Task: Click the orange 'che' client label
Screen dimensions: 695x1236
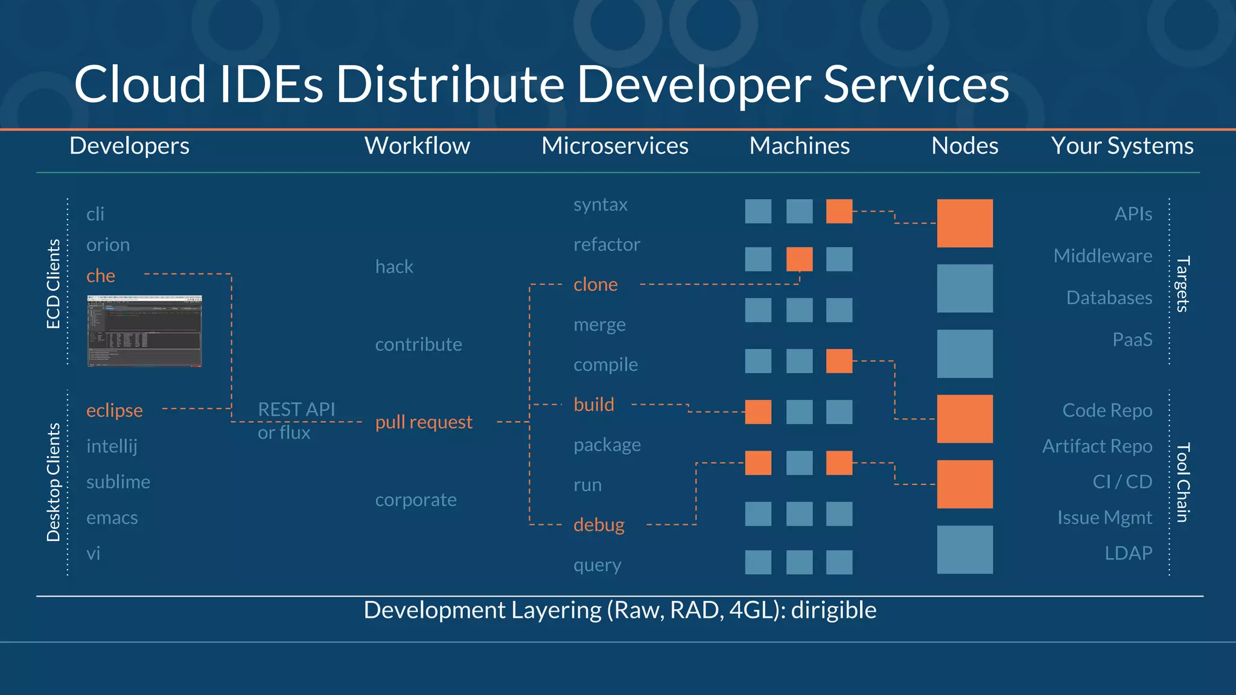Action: coord(100,276)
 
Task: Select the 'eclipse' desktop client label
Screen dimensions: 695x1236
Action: coord(114,410)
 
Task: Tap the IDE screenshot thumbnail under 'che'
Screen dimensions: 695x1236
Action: coord(144,331)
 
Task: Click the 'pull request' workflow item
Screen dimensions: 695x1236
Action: coord(423,422)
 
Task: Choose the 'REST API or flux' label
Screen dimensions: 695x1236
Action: coord(295,420)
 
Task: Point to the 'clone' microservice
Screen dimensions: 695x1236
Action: coord(595,284)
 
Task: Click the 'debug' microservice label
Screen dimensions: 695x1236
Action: coord(599,524)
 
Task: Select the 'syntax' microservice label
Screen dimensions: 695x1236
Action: coord(600,205)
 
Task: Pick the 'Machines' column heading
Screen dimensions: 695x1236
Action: coord(799,145)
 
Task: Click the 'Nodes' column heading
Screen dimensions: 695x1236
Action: coord(964,145)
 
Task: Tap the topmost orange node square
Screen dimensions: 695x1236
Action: coord(964,223)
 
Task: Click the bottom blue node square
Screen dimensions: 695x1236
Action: coord(964,549)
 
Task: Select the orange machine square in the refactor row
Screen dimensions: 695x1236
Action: coord(799,259)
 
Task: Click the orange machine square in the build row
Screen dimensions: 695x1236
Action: coord(758,412)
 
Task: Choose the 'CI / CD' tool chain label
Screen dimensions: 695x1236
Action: coord(1122,481)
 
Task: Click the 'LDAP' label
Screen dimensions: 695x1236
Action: coord(1128,553)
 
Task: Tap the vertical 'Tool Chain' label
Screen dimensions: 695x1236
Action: coord(1183,482)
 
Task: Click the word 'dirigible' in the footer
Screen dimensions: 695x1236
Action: coord(833,610)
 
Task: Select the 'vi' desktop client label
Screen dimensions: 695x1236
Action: coord(93,553)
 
